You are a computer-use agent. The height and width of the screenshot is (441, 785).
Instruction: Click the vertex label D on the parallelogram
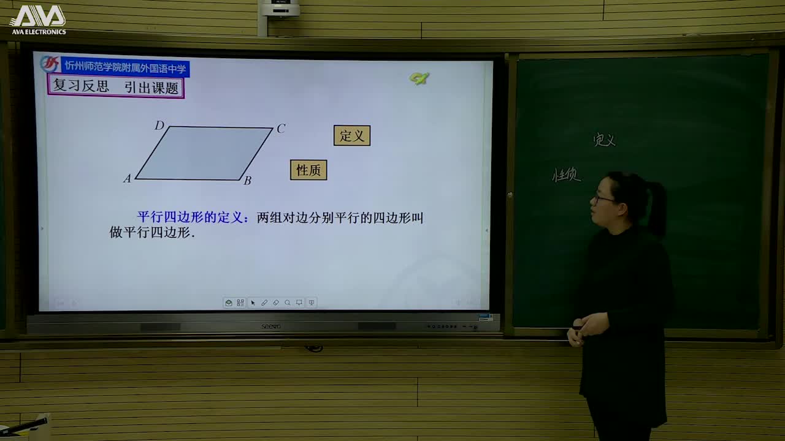tap(159, 126)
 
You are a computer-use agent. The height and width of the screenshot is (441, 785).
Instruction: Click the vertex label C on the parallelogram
tap(281, 129)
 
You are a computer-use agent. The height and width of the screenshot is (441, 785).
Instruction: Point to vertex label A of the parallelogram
tap(127, 179)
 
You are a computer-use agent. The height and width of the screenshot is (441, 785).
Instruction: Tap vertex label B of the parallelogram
tap(247, 180)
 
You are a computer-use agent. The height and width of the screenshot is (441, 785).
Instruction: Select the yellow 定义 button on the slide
tap(352, 136)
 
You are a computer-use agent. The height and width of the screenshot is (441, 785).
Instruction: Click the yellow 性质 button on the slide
tap(308, 170)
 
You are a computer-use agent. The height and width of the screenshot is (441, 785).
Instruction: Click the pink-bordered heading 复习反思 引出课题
tap(116, 87)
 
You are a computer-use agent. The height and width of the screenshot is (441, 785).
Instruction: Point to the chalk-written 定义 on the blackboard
tap(604, 140)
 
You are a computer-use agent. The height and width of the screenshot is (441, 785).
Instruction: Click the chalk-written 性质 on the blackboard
tap(565, 176)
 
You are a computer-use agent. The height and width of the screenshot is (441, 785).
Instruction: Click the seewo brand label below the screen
tap(271, 326)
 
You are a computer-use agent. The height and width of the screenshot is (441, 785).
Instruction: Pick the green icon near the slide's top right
tap(419, 78)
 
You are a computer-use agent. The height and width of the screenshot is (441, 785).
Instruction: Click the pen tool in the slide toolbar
tap(264, 303)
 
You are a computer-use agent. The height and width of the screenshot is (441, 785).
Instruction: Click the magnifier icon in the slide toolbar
tap(288, 303)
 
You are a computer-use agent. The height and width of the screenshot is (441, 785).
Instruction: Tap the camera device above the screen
tap(280, 9)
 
